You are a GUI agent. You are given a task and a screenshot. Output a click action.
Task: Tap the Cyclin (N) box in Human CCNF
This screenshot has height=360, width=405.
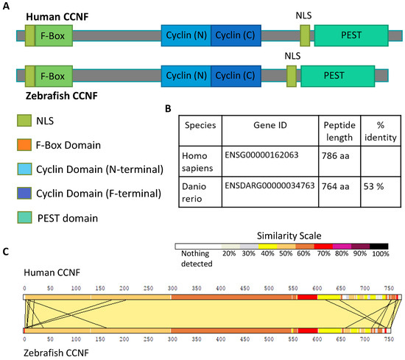pyautogui.click(x=186, y=35)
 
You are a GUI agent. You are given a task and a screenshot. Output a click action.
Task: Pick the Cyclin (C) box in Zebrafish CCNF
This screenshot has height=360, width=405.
pyautogui.click(x=235, y=75)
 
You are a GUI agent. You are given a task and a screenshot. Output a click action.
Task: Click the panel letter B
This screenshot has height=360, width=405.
pyautogui.click(x=168, y=108)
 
